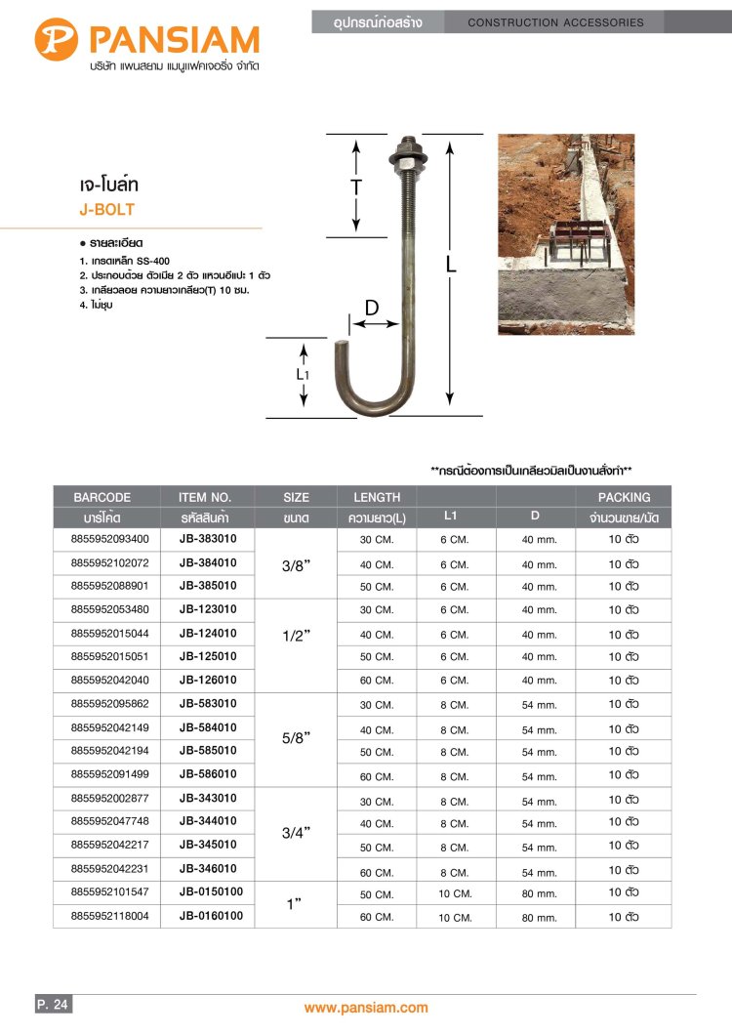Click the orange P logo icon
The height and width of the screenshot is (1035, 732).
tap(58, 40)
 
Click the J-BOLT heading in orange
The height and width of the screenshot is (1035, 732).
tap(106, 210)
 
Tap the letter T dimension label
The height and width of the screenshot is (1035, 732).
tap(356, 185)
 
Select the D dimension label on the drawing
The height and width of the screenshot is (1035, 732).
tap(372, 308)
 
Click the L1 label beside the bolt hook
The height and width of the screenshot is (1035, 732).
tap(304, 374)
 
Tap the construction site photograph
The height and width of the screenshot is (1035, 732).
tap(566, 234)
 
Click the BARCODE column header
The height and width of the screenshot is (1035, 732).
tap(102, 497)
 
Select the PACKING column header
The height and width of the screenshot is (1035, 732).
tap(624, 497)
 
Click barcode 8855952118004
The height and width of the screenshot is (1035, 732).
tap(110, 917)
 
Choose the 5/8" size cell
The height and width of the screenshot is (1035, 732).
tap(295, 739)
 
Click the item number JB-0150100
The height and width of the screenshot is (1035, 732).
tap(211, 892)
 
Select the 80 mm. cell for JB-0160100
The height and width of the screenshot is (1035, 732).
tap(539, 918)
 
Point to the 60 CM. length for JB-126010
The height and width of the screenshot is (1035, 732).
tap(377, 681)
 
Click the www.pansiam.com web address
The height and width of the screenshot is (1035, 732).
tap(366, 1008)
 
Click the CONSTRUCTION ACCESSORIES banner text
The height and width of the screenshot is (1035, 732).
tap(556, 22)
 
